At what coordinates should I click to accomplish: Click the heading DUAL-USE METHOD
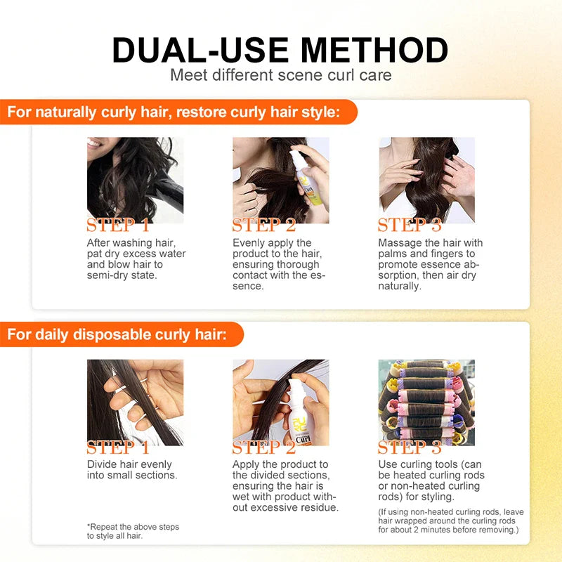[x=280, y=50]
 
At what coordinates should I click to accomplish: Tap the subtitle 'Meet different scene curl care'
[x=280, y=74]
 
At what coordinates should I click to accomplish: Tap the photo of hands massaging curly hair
[x=426, y=179]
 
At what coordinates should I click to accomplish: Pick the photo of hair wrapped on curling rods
[x=426, y=402]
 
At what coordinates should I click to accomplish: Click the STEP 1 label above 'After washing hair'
[x=118, y=226]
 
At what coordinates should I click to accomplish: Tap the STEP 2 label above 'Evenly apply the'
[x=264, y=226]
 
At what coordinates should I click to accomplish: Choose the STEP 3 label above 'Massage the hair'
[x=410, y=226]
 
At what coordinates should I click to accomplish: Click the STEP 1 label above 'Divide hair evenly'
[x=118, y=447]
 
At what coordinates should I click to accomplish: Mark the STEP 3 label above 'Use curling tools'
[x=410, y=447]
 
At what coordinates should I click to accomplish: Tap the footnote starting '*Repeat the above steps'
[x=133, y=531]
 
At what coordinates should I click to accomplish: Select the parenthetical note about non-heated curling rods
[x=450, y=521]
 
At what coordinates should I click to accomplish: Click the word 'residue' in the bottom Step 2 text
[x=321, y=508]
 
